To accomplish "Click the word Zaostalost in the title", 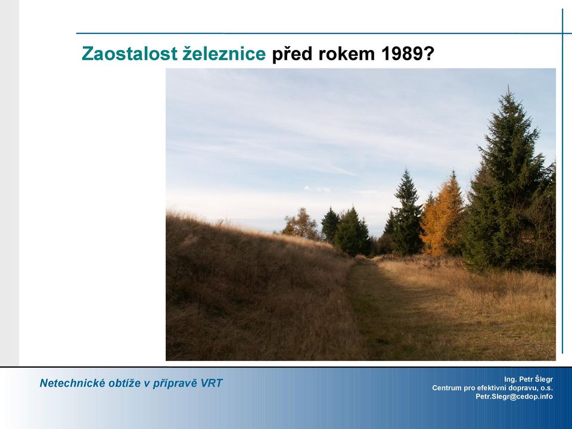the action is [129, 54].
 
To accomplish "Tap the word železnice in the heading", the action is [224, 53].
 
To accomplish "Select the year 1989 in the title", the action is [401, 54].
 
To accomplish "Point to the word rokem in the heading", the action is [347, 54].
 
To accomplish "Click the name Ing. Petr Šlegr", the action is [529, 379].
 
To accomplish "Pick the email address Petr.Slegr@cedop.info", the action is [514, 396].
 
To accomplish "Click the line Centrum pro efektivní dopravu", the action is [493, 388].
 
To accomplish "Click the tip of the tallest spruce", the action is [508, 86].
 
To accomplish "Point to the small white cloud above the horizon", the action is [316, 189].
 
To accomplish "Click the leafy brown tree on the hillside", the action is [301, 223].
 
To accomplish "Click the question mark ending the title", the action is [429, 54].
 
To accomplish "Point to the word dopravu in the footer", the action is [521, 388].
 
